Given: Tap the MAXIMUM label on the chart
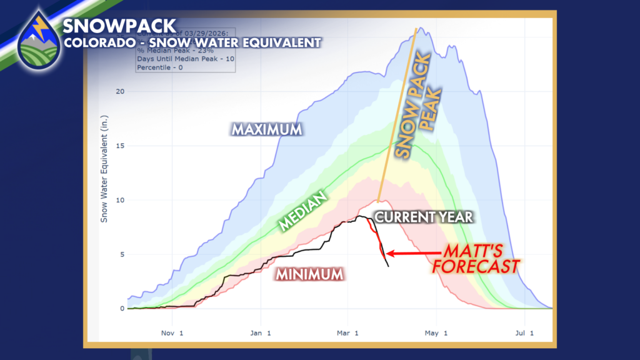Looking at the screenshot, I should point(267,130).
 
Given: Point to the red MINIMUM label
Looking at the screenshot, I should point(309,274).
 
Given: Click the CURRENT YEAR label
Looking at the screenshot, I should point(423,217).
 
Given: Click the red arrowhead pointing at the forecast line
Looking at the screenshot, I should point(389,253).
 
